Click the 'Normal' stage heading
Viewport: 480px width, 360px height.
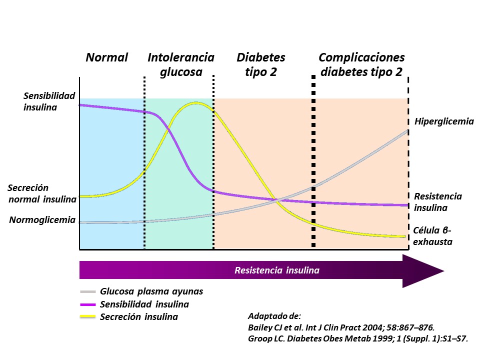tap(107, 57)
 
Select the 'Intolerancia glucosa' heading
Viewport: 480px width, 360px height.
tap(181, 64)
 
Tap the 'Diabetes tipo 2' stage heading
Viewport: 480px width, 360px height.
tap(261, 64)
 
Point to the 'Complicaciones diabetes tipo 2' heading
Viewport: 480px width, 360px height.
tap(361, 64)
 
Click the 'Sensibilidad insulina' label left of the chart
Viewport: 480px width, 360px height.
tap(49, 100)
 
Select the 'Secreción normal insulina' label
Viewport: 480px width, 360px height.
tap(42, 193)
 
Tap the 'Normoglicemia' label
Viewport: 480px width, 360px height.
tap(42, 220)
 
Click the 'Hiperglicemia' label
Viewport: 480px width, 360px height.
tap(444, 121)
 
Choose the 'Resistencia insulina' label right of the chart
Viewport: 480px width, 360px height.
tap(438, 202)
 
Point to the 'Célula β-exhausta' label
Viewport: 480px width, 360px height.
tap(433, 236)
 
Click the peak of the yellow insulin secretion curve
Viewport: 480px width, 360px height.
tap(195, 103)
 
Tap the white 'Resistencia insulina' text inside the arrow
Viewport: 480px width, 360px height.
tap(277, 270)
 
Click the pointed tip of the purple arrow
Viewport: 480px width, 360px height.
tap(443, 271)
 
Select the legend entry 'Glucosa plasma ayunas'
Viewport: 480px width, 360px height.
tap(151, 291)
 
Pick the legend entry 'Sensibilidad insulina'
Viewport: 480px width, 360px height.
tap(144, 304)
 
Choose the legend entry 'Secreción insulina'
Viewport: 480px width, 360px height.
tap(139, 316)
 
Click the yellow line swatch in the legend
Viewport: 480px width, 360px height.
tap(88, 316)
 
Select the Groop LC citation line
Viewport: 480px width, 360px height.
tap(358, 339)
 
